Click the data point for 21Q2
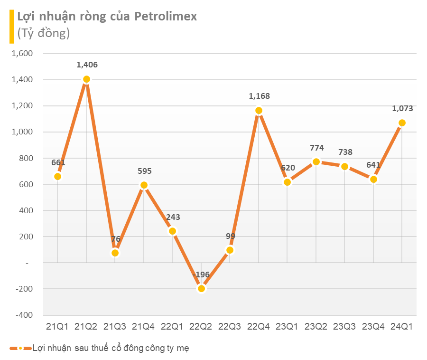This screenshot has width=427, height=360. click(86, 79)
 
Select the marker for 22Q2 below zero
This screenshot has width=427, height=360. click(201, 288)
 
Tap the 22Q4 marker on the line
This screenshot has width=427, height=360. click(259, 111)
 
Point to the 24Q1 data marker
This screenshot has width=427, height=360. click(402, 123)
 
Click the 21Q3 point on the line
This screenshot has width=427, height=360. click(115, 253)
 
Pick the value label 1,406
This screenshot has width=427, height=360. click(87, 65)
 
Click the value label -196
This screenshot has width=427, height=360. click(202, 275)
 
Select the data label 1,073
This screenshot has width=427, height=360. click(402, 108)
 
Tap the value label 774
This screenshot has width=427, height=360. click(316, 148)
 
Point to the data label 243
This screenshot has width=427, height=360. click(173, 217)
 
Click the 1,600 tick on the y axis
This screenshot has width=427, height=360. click(22, 54)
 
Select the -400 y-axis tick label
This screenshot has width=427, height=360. click(23, 315)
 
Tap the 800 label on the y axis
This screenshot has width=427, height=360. click(25, 158)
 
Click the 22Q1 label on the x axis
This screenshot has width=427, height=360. click(172, 326)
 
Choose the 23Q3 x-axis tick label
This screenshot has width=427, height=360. click(344, 326)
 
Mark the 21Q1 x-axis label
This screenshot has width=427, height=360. click(57, 326)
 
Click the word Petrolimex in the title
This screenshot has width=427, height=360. click(166, 17)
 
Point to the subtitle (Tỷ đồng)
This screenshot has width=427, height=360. click(44, 33)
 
